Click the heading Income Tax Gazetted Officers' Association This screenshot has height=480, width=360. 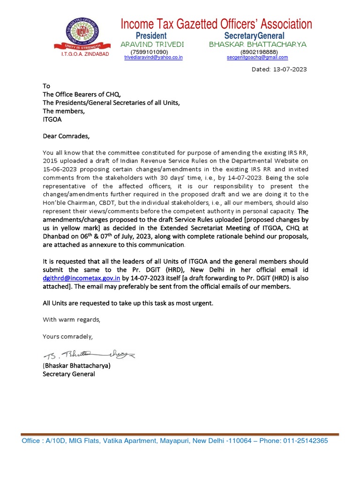[x=216, y=24]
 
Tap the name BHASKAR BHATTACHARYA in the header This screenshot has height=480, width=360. [x=257, y=44]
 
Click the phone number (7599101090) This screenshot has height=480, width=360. [x=149, y=52]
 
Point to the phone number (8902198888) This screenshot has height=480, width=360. [x=258, y=52]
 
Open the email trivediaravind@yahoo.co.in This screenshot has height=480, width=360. [x=153, y=57]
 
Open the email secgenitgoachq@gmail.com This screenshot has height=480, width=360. [x=257, y=57]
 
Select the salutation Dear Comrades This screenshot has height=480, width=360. [x=65, y=136]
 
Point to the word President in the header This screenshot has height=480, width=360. [x=151, y=36]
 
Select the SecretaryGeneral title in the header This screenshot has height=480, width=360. [x=254, y=36]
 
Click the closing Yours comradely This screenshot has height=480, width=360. [x=68, y=337]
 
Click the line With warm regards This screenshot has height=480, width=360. [x=71, y=320]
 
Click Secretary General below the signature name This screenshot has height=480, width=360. [x=68, y=374]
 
